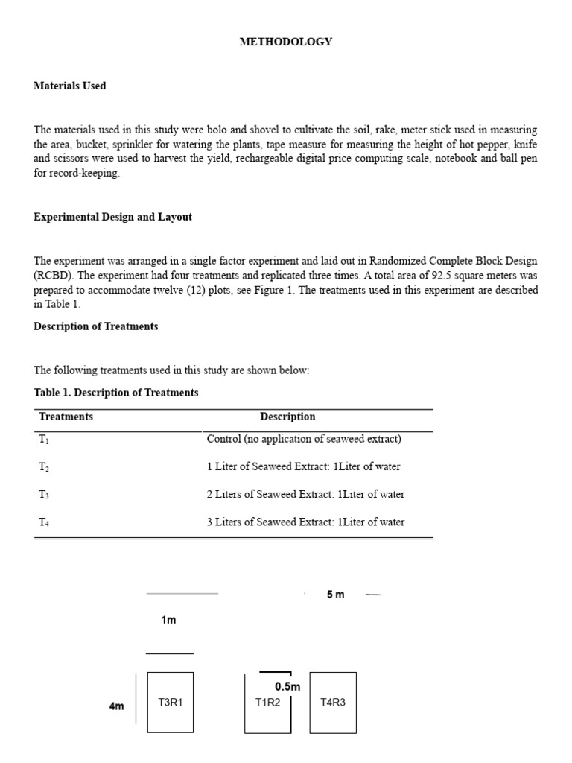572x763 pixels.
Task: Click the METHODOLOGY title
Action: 285,42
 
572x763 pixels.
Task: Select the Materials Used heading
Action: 70,86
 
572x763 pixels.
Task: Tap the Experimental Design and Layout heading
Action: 112,217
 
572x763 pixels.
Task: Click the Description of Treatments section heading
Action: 95,326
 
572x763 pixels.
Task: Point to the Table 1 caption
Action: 116,392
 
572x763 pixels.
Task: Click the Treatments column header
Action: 66,417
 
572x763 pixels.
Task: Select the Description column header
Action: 287,417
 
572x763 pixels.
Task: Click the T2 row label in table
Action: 44,467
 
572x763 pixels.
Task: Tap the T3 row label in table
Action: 44,495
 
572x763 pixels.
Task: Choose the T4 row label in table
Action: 44,522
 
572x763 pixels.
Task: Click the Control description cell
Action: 304,439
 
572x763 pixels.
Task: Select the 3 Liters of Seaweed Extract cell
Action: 305,522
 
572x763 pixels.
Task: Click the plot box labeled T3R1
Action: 171,702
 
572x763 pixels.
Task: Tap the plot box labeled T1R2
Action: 267,702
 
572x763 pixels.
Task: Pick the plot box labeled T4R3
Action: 333,702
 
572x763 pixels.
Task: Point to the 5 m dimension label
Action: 335,595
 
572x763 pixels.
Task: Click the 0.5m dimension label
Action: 287,686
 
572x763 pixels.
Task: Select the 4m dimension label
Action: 116,706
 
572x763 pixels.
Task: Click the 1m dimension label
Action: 168,620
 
